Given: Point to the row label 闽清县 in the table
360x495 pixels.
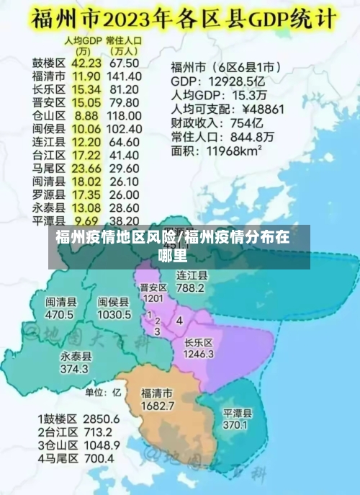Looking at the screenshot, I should pyautogui.click(x=49, y=180).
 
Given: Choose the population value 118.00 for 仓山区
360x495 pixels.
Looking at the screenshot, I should pyautogui.click(x=124, y=115).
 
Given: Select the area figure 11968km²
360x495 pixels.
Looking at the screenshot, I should pyautogui.click(x=235, y=151).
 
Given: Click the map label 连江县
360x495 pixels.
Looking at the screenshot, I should pyautogui.click(x=192, y=275).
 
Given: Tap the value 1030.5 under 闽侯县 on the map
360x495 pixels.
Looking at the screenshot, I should pyautogui.click(x=114, y=315).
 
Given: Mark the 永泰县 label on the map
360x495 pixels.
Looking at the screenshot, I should pyautogui.click(x=76, y=357).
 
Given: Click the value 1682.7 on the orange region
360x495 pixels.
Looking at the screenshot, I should pyautogui.click(x=157, y=406).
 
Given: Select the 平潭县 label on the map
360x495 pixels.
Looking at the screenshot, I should pyautogui.click(x=237, y=414).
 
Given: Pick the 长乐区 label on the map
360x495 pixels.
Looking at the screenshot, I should pyautogui.click(x=199, y=342).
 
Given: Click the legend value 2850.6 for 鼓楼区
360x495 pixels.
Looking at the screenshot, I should pyautogui.click(x=101, y=419).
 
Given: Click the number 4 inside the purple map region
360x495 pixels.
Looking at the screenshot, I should pyautogui.click(x=179, y=319).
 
